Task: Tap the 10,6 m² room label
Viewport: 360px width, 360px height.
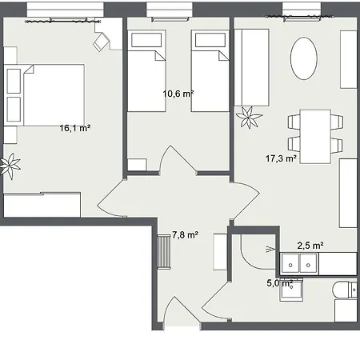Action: [178, 94]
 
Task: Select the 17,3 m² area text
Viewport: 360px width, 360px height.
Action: [281, 159]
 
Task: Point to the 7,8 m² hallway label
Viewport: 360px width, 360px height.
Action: [185, 235]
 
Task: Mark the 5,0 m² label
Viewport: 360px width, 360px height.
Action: [279, 282]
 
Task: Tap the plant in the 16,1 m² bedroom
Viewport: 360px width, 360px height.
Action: [11, 166]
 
